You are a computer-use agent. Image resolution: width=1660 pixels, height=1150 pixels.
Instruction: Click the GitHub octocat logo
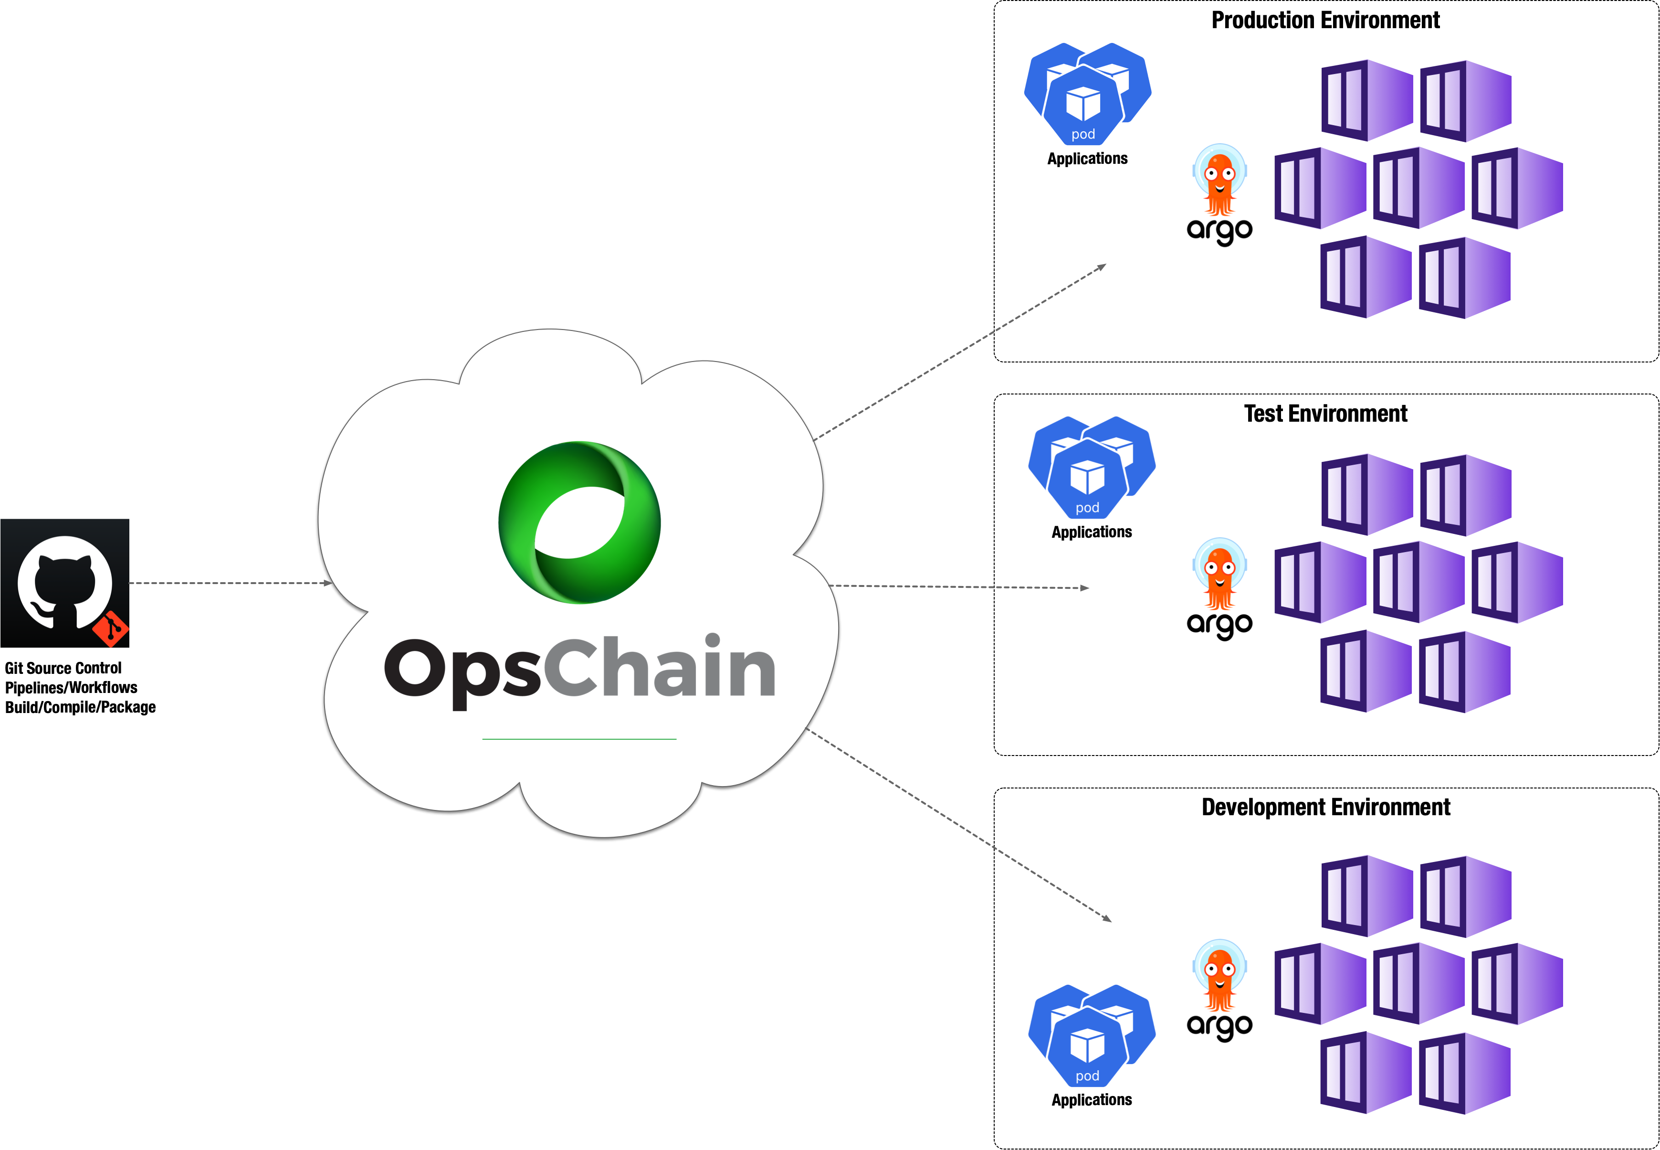tap(65, 582)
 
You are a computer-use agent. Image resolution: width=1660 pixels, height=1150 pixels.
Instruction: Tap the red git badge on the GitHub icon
tap(111, 629)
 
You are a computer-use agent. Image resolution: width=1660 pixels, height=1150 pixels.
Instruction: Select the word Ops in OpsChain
tap(462, 670)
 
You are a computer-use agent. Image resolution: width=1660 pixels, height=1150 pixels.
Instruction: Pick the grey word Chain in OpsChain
tap(659, 667)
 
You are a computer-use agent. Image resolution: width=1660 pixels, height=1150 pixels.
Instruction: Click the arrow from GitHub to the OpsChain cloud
tap(231, 583)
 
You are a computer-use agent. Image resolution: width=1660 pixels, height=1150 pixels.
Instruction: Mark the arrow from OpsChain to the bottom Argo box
tap(958, 825)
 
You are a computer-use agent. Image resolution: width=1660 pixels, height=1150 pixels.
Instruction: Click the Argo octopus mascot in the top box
tap(1219, 180)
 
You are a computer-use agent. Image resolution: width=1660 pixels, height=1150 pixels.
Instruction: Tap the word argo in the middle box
tap(1219, 625)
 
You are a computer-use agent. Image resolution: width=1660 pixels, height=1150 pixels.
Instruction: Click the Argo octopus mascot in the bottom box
tap(1219, 976)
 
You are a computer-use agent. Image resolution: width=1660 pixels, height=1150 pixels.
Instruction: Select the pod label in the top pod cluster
tap(1083, 135)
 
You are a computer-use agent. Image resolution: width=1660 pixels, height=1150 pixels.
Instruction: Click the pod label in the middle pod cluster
tap(1087, 508)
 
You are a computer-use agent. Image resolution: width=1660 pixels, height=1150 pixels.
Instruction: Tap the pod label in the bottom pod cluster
tap(1087, 1076)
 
